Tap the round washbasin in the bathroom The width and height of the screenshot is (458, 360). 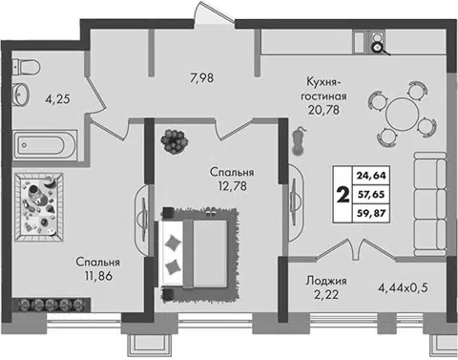tap(22, 94)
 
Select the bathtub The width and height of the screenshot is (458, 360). tap(45, 145)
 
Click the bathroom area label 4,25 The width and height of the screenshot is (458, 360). tap(57, 99)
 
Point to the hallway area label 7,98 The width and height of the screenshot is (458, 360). tap(202, 78)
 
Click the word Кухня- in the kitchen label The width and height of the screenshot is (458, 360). tap(323, 81)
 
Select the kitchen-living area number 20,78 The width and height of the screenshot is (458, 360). tap(323, 110)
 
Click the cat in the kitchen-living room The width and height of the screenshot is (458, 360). tap(300, 141)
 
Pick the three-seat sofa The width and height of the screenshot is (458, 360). tap(430, 203)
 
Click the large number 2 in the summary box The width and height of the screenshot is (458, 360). tap(343, 195)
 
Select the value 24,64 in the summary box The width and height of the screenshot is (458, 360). tap(371, 176)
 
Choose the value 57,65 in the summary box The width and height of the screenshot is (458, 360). tap(371, 194)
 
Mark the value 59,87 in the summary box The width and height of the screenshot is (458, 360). tap(371, 213)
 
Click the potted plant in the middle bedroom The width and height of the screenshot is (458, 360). tap(174, 141)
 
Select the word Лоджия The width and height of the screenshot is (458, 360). tap(326, 282)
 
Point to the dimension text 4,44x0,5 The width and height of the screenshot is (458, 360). tap(403, 288)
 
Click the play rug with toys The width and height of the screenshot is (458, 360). tap(39, 207)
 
